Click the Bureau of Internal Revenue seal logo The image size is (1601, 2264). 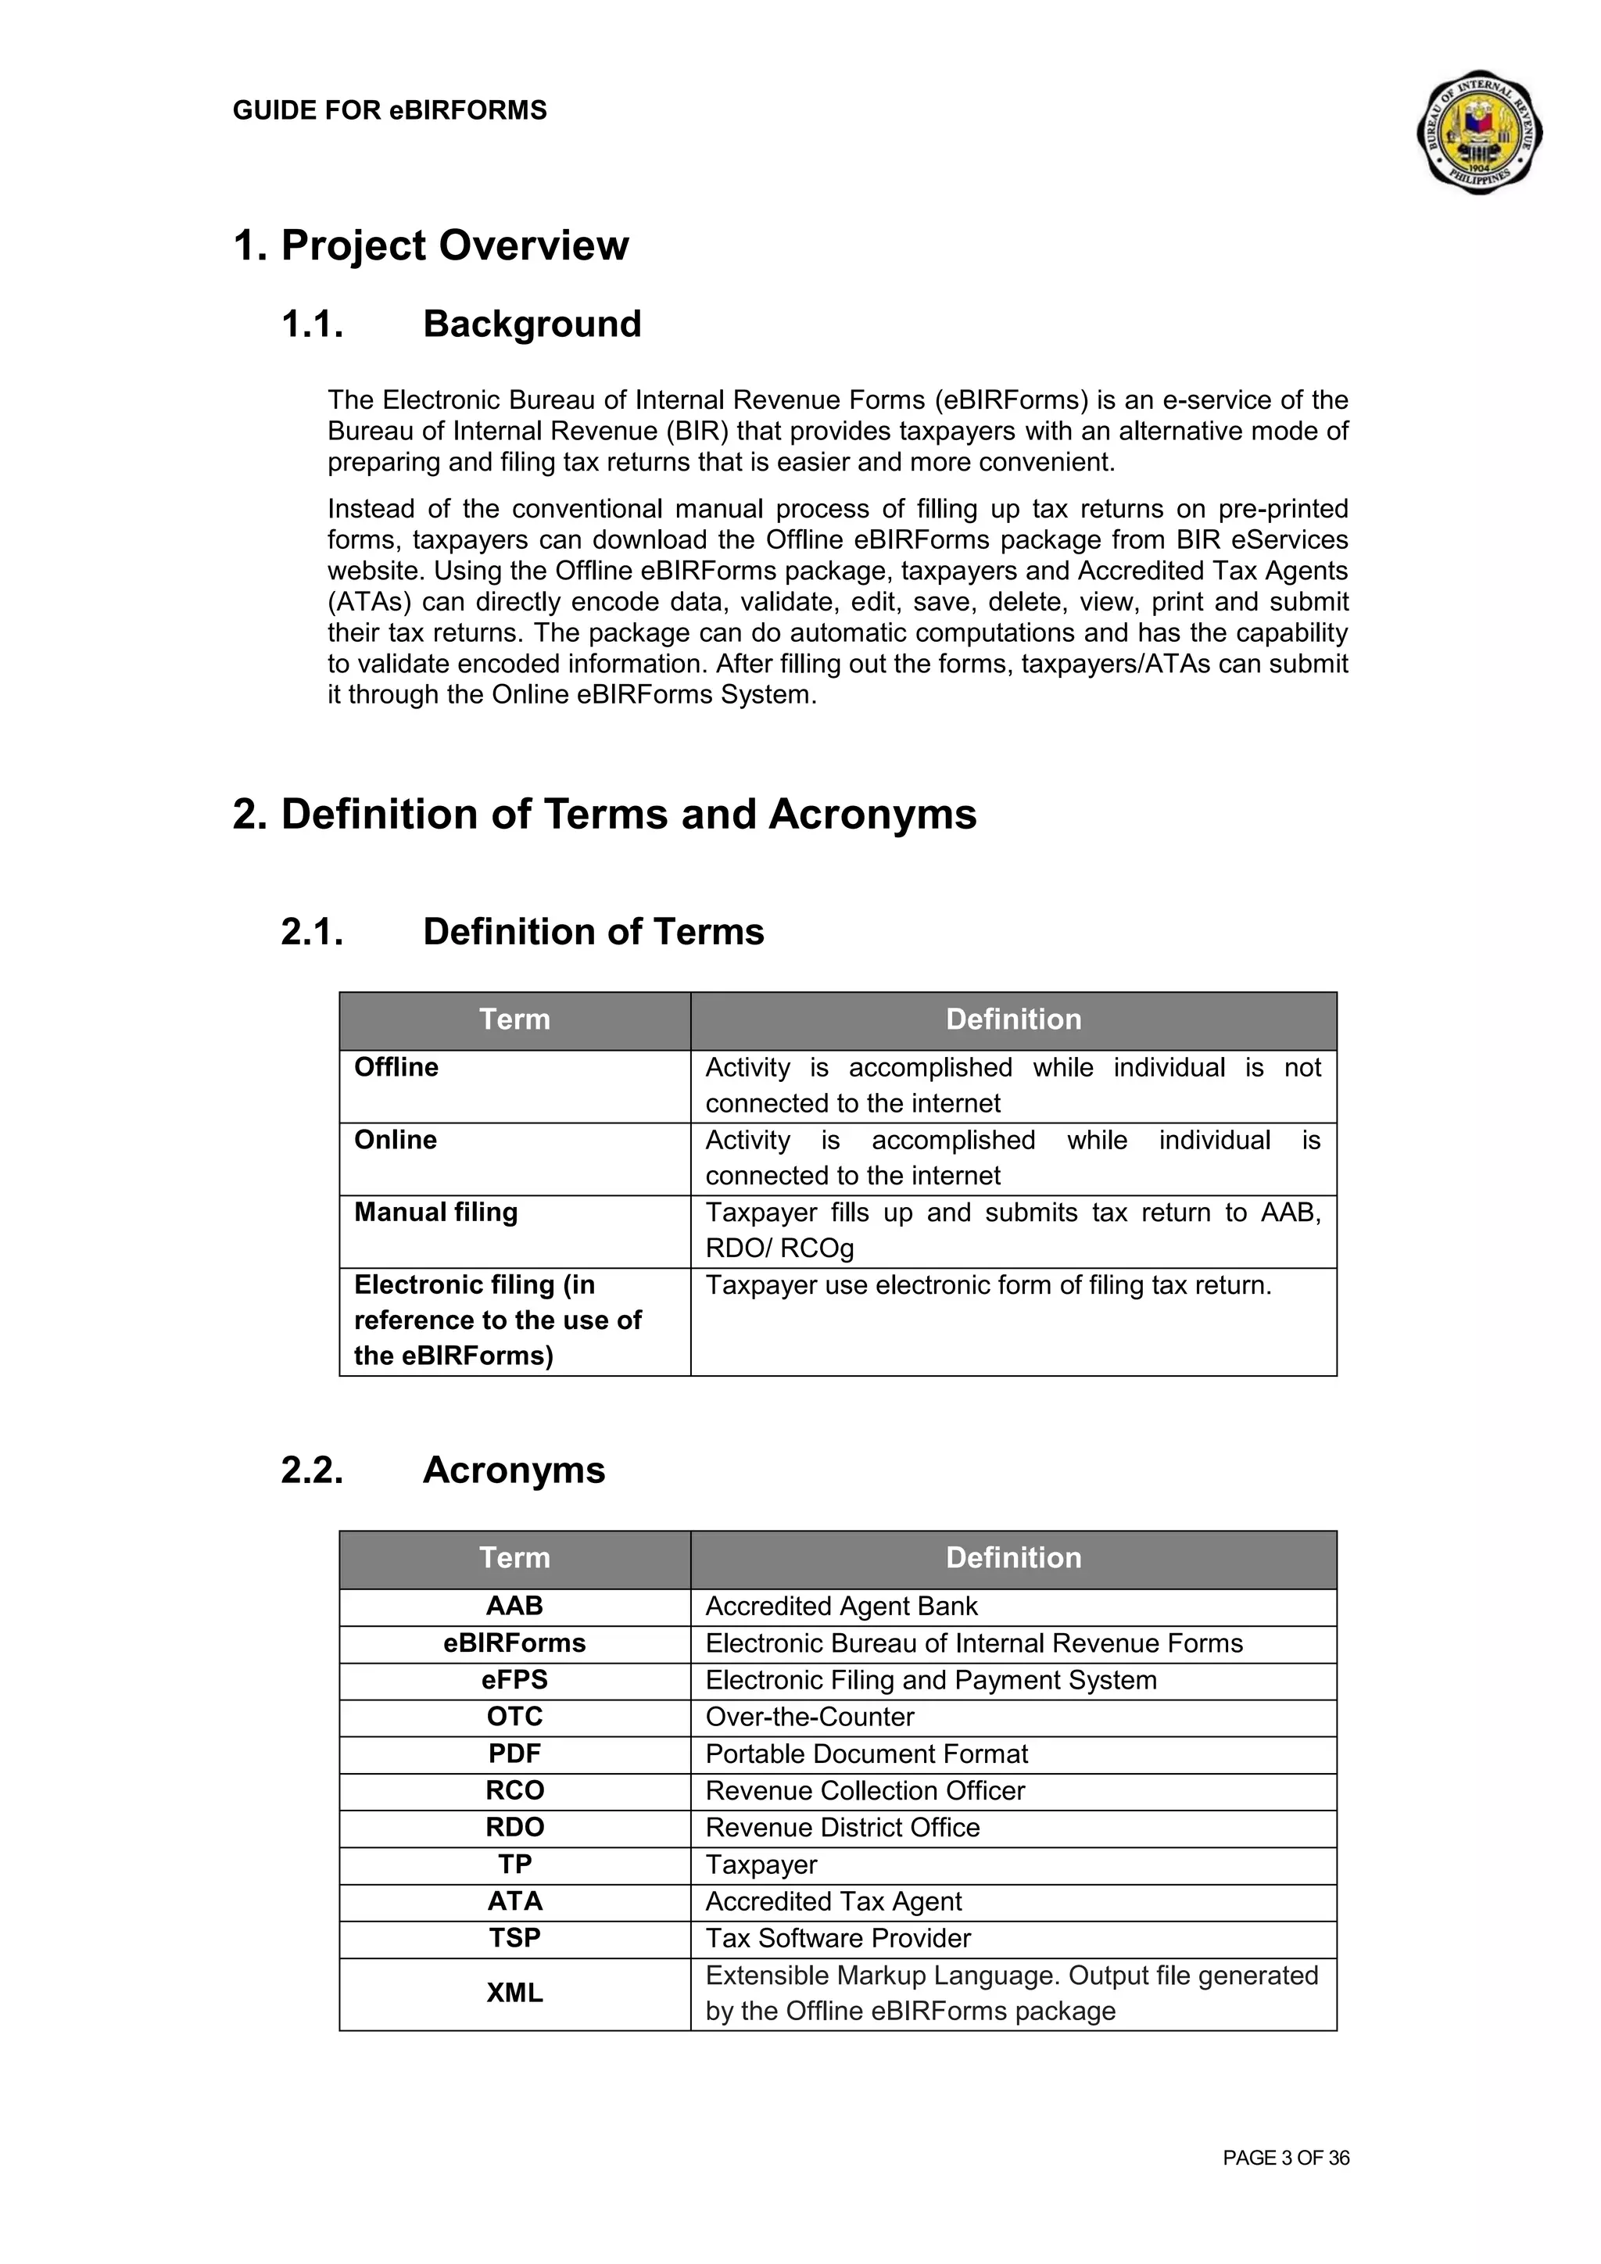(1479, 132)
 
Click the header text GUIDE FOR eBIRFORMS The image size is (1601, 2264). (389, 110)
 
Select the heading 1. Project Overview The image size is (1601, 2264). (431, 245)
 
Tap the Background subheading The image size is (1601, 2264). (532, 324)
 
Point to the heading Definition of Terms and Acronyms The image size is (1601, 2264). (604, 815)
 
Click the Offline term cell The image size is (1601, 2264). (396, 1067)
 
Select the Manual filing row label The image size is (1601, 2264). (435, 1212)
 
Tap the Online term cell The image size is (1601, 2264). (396, 1140)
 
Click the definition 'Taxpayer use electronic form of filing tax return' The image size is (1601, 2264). (988, 1285)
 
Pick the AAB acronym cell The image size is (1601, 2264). (514, 1607)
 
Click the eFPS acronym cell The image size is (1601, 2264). (514, 1680)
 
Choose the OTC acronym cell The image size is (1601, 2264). (514, 1717)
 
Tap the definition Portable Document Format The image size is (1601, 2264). (866, 1754)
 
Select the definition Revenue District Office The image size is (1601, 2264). (843, 1827)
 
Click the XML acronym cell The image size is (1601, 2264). (514, 1993)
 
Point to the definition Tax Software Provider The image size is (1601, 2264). (838, 1938)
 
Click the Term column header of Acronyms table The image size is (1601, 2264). (514, 1558)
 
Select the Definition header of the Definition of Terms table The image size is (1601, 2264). (1013, 1019)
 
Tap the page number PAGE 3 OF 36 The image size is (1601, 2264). (1285, 2158)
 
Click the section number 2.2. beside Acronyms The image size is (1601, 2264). (313, 1471)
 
